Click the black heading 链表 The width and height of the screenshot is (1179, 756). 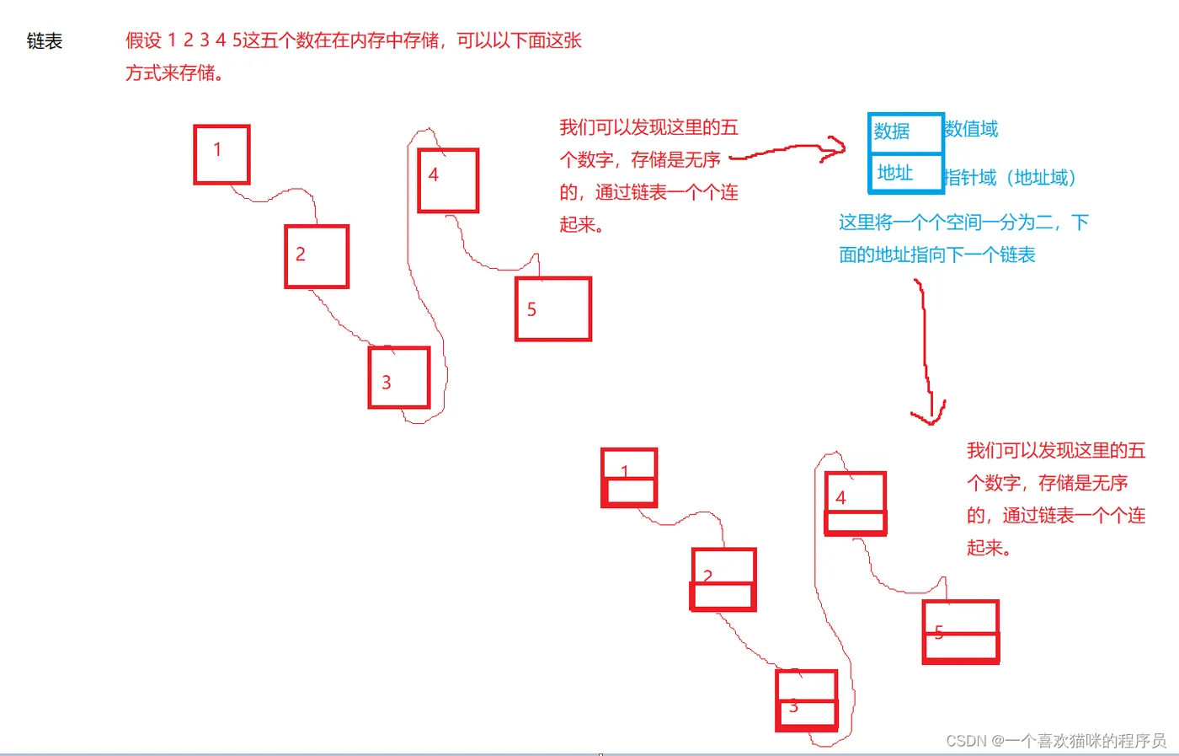(45, 41)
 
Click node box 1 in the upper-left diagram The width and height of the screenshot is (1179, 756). (221, 154)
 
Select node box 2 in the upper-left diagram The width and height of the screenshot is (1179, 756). (317, 257)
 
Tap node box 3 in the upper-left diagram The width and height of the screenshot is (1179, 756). (399, 378)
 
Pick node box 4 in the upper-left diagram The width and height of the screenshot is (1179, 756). (448, 180)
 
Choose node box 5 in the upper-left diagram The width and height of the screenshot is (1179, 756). (553, 309)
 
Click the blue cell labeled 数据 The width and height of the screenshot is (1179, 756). (904, 133)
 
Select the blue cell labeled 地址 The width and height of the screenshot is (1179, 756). (904, 174)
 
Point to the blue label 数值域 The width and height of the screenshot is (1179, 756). (971, 129)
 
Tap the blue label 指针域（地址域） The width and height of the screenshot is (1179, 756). (1011, 178)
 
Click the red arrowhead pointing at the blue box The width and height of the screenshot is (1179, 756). (835, 150)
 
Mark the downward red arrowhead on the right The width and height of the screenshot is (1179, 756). (928, 414)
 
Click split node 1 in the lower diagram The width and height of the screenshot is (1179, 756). (629, 478)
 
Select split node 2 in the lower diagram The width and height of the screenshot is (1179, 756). (723, 580)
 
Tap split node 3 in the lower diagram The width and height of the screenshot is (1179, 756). (807, 700)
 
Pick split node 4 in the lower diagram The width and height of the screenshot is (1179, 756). (856, 503)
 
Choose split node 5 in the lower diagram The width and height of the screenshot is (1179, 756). (961, 632)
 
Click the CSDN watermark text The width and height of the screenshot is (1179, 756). (1056, 741)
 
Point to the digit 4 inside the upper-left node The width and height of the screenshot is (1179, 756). (434, 175)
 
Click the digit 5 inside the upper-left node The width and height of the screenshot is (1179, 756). (531, 310)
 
